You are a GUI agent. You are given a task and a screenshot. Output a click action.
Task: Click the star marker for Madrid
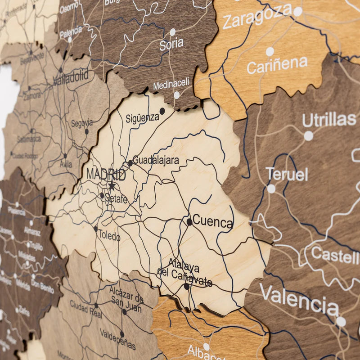(112, 185)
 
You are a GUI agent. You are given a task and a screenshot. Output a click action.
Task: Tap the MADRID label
(106, 174)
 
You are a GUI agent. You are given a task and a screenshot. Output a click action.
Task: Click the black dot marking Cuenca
(189, 222)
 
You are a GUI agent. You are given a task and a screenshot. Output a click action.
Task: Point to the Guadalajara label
(156, 161)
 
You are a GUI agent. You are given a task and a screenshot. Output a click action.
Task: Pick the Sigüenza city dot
(162, 111)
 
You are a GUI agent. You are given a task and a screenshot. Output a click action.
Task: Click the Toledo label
(109, 235)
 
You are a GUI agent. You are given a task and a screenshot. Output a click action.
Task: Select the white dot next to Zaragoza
(298, 12)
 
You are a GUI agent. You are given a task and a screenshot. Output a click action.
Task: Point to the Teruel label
(287, 174)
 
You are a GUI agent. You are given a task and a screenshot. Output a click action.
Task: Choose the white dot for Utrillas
(308, 136)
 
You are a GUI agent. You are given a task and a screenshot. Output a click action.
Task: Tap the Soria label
(171, 44)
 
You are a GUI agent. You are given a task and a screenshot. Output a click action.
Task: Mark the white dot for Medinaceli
(177, 95)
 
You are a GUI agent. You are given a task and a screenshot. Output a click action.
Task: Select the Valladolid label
(71, 78)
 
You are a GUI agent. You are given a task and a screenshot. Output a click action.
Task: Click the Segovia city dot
(87, 131)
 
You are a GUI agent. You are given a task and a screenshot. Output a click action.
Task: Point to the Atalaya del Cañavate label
(184, 273)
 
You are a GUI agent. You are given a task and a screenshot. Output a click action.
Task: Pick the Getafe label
(116, 198)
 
